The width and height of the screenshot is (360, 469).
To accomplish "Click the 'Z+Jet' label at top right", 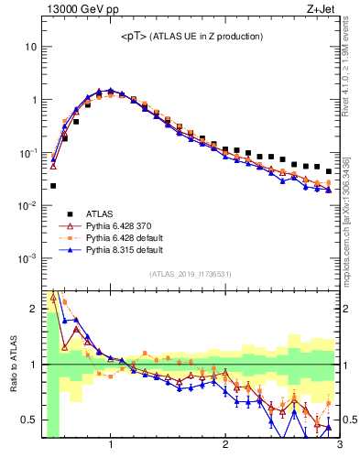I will point(323,10).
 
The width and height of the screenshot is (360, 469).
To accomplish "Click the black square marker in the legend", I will point(69,211).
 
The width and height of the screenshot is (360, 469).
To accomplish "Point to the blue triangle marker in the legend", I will point(69,248).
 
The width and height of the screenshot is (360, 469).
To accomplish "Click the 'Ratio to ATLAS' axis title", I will point(12,364).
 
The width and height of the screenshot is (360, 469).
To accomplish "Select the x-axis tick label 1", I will point(111,445).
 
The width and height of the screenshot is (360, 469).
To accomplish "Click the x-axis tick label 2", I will point(225,445).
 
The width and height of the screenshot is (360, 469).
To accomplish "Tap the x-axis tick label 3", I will point(338,445).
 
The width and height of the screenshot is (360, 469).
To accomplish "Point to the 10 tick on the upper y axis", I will point(31,46).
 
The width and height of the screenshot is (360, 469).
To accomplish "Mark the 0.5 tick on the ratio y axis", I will point(29,420).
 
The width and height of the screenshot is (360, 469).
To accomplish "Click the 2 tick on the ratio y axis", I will point(34,309).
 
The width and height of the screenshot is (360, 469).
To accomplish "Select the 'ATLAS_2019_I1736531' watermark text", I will point(189,274).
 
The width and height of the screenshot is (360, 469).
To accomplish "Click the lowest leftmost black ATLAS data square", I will point(53,185).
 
